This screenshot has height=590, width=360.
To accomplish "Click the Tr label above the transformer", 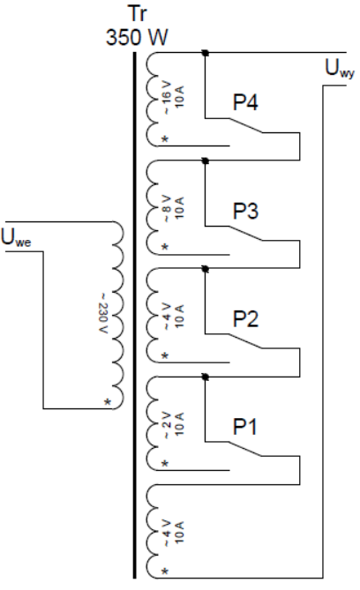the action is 138,13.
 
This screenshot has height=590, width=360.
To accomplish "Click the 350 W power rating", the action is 137,37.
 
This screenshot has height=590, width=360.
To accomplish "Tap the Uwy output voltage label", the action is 340,69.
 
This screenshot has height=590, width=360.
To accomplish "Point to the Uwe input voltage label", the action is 16,237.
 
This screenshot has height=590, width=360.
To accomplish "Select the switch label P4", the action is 245,102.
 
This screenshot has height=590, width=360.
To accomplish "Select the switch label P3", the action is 245,211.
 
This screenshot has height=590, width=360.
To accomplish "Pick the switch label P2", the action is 245,318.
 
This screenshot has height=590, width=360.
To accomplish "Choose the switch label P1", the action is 244,427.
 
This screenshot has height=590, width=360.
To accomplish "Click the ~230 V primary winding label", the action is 103,313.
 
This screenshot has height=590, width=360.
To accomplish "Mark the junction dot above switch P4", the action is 206,53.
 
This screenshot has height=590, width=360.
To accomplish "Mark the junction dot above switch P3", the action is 206,161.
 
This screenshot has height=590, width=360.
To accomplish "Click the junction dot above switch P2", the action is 206,269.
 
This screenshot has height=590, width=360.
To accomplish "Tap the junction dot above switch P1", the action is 206,377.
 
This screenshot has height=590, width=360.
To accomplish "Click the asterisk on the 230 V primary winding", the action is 108,402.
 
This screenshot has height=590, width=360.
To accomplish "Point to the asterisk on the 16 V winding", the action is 165,139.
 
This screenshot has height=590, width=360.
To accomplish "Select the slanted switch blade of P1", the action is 245,449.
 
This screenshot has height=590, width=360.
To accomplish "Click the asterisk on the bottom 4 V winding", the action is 165,571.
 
